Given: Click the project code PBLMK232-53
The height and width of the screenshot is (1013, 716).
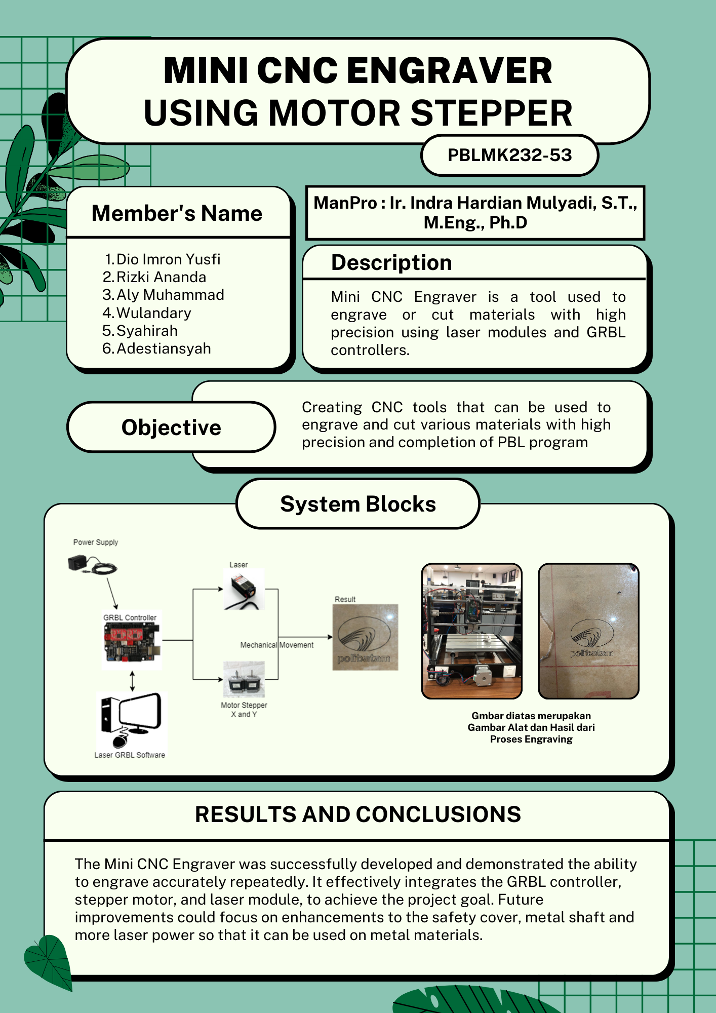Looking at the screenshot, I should (x=509, y=155).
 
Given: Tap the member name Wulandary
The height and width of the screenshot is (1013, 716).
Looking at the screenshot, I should (x=153, y=313).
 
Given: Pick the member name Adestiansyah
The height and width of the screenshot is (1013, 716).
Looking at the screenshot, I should (x=163, y=348).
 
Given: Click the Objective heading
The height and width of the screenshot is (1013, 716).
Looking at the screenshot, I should (x=171, y=427).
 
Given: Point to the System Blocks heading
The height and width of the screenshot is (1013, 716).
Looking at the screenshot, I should (x=358, y=504).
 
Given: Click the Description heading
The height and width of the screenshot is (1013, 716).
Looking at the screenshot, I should (x=391, y=263).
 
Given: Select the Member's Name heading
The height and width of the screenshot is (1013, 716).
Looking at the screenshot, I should (x=177, y=213).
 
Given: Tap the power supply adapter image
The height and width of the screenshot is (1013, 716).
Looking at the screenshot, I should (x=91, y=564).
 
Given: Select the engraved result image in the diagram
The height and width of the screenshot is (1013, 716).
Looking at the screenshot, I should (x=365, y=637).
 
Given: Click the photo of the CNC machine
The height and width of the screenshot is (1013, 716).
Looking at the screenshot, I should (x=471, y=631).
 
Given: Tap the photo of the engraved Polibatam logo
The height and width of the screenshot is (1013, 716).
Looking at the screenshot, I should (x=588, y=631).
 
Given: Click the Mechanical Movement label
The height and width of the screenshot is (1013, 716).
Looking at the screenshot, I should (x=276, y=645).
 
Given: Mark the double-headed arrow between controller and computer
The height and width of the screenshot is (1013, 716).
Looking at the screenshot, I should (x=132, y=681).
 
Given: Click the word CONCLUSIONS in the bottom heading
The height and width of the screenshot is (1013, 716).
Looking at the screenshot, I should (x=439, y=814).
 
